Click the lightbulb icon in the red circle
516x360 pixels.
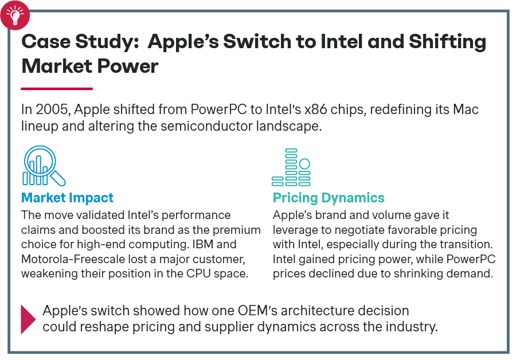pyautogui.click(x=15, y=15)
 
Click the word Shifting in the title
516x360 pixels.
pyautogui.click(x=447, y=42)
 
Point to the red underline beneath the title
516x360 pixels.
pyautogui.click(x=57, y=88)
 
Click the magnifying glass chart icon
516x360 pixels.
pyautogui.click(x=44, y=166)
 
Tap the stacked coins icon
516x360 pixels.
pyautogui.click(x=291, y=167)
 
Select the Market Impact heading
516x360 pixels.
pyautogui.click(x=67, y=198)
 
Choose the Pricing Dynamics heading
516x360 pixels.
pyautogui.click(x=329, y=198)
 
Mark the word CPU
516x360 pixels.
pyautogui.click(x=198, y=273)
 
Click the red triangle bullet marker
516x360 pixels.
pyautogui.click(x=28, y=319)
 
